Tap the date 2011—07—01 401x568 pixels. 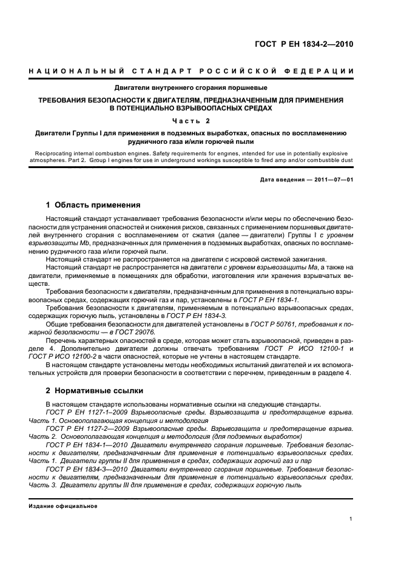pyautogui.click(x=329, y=180)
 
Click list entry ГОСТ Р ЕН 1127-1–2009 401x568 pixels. pyautogui.click(x=85, y=412)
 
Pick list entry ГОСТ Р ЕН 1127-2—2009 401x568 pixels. pyautogui.click(x=86, y=428)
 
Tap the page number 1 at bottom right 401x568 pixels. pyautogui.click(x=351, y=519)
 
